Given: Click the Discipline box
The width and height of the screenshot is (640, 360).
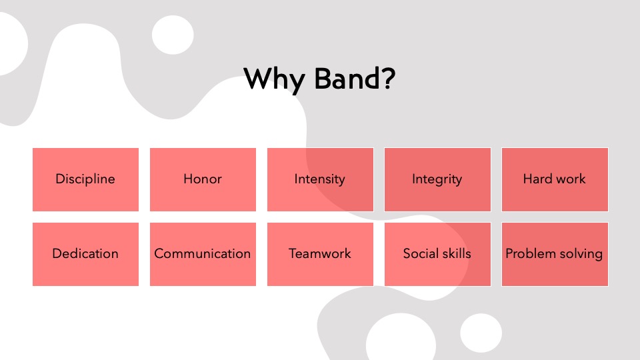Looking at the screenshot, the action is point(86,179).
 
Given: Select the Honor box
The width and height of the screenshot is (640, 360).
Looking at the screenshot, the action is point(203,179).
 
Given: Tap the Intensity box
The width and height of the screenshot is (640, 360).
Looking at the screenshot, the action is point(321,179).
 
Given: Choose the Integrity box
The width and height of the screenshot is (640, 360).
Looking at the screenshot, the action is point(437,179).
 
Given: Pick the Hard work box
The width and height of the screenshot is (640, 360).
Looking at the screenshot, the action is point(555,179).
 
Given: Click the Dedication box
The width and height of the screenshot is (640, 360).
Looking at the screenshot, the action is point(86,254).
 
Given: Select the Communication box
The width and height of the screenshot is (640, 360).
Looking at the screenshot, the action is point(203,254).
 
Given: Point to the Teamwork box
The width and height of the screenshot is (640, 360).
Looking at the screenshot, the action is point(321,254).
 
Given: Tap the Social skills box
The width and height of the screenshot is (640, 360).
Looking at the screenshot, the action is point(437,254).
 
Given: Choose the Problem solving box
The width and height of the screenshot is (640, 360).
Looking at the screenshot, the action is point(555,254).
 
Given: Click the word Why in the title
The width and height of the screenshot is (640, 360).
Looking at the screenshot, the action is point(274,79).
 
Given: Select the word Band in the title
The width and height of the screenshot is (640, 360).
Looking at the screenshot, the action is point(347,79).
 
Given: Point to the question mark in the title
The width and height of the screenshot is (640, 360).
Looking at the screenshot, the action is point(389,79).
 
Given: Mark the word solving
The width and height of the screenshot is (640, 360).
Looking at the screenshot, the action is point(581,254).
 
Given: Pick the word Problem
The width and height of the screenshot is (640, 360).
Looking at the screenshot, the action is point(531,253).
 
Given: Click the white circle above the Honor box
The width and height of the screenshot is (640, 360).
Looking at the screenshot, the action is point(173,35).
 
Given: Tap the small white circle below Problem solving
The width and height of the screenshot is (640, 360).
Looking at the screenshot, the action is point(481,333).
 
